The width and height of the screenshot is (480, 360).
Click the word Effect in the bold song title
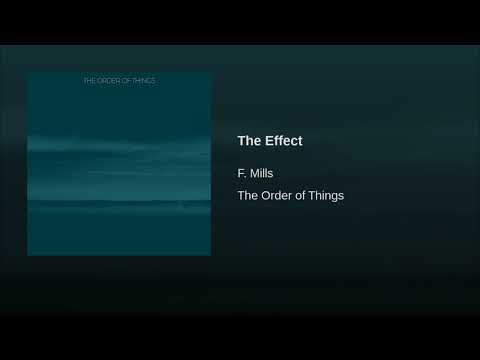point(283,141)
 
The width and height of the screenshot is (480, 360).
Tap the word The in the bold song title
point(249,141)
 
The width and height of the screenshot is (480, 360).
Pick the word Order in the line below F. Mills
point(279,196)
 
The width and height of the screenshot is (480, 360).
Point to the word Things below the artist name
point(326,196)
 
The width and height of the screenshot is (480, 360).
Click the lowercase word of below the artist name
point(302,196)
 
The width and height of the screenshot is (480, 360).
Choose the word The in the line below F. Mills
point(249,196)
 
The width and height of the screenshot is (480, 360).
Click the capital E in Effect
point(269,141)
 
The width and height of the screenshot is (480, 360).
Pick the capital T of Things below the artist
point(312,196)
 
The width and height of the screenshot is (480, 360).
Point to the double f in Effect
point(279,141)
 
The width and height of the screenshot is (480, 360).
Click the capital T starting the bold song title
point(242,141)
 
